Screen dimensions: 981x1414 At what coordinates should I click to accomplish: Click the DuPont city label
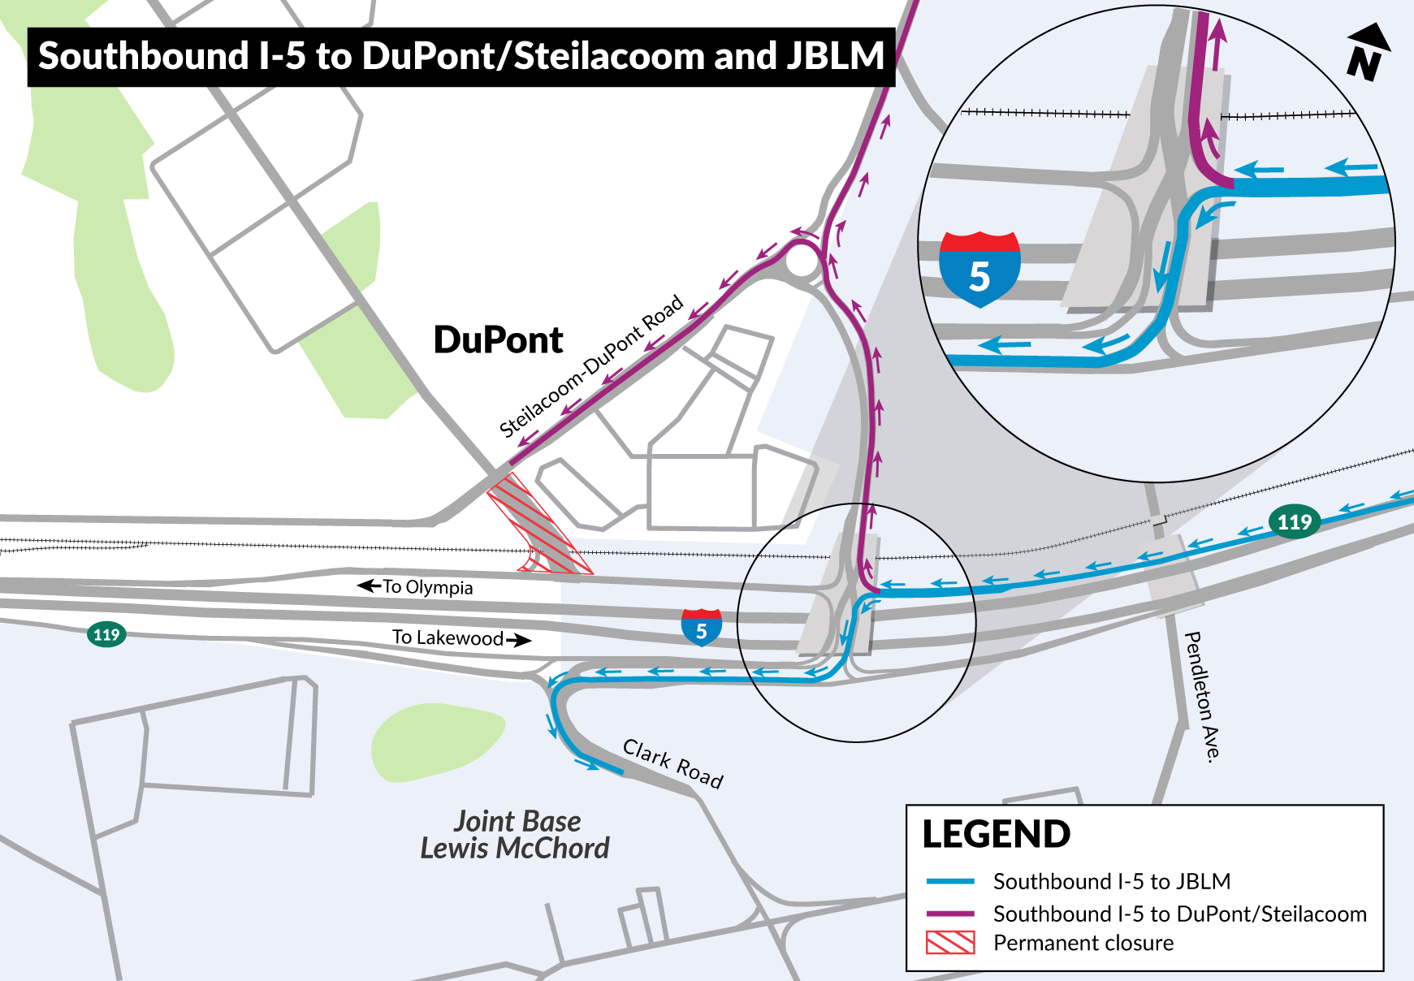coord(498,339)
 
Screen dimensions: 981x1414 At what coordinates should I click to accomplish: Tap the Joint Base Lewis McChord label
coord(515,835)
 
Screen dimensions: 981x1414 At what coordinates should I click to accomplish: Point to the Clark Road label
coord(672,763)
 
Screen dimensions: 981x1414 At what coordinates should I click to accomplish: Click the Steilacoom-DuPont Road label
coord(590,368)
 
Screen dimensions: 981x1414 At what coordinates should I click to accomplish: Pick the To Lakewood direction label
coord(448,637)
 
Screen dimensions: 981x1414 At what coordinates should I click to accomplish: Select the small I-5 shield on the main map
coord(702,628)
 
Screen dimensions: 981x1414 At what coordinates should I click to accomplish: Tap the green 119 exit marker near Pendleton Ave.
coord(1294,521)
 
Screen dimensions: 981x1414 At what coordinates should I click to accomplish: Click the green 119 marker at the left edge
coord(106,634)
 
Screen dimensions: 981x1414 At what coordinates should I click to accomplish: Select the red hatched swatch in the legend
coord(950,943)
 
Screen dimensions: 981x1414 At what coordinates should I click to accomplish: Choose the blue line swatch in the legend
coord(950,881)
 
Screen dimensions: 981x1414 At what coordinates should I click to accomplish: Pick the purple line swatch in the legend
coord(950,914)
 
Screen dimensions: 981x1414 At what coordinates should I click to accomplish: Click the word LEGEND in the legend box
coord(997,835)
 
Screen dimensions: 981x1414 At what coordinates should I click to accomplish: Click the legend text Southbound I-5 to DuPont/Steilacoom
coord(1179,914)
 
